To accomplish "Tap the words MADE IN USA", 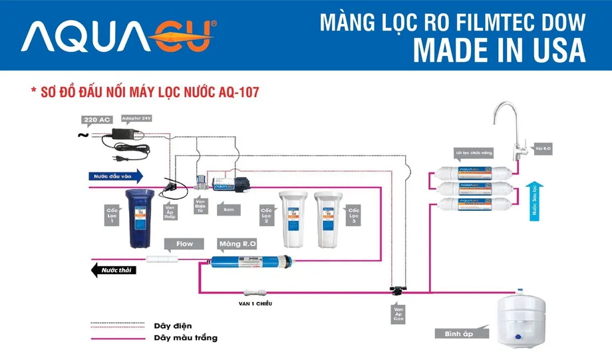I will click(x=499, y=50).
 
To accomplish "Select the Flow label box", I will click(x=184, y=244).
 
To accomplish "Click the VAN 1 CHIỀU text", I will click(x=255, y=303).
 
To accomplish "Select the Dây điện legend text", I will click(x=172, y=325).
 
